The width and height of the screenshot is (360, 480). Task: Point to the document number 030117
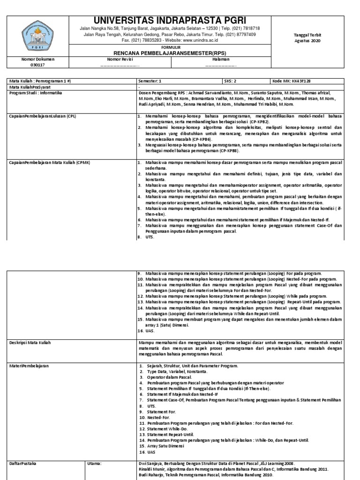[x=38, y=65]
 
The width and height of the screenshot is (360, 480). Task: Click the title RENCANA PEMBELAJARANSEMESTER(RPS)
[x=170, y=52]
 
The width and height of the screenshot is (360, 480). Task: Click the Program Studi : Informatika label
[x=38, y=93]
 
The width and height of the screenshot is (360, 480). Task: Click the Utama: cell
[x=95, y=463]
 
